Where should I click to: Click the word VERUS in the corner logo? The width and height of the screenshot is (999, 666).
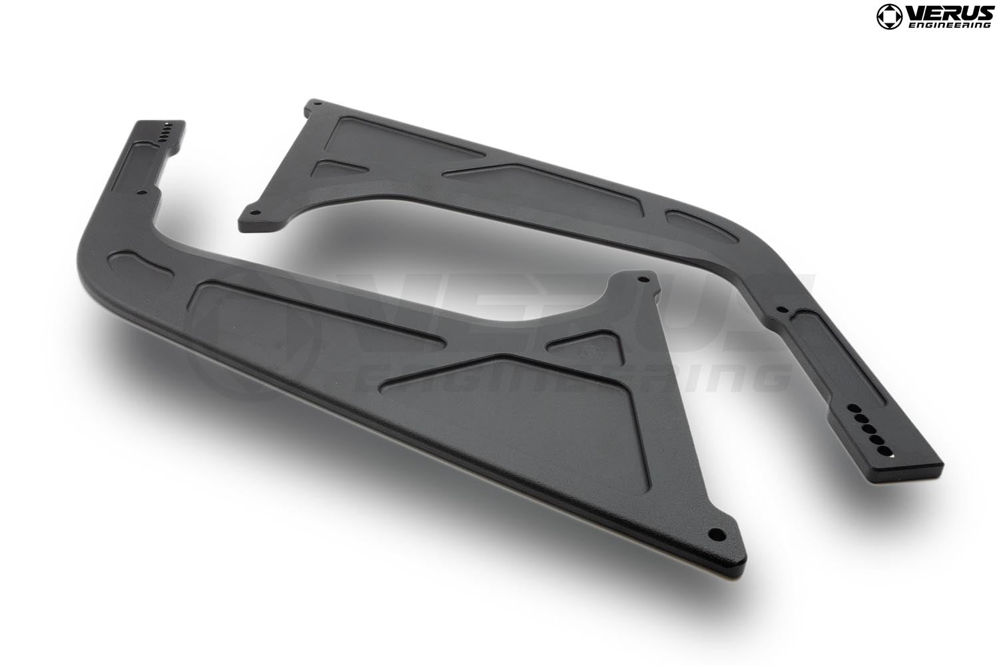point(948,11)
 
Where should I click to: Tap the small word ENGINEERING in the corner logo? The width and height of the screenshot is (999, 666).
point(949,25)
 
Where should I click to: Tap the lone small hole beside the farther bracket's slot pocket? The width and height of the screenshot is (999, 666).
point(783,309)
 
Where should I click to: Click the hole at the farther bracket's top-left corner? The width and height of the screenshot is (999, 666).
point(318,104)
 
